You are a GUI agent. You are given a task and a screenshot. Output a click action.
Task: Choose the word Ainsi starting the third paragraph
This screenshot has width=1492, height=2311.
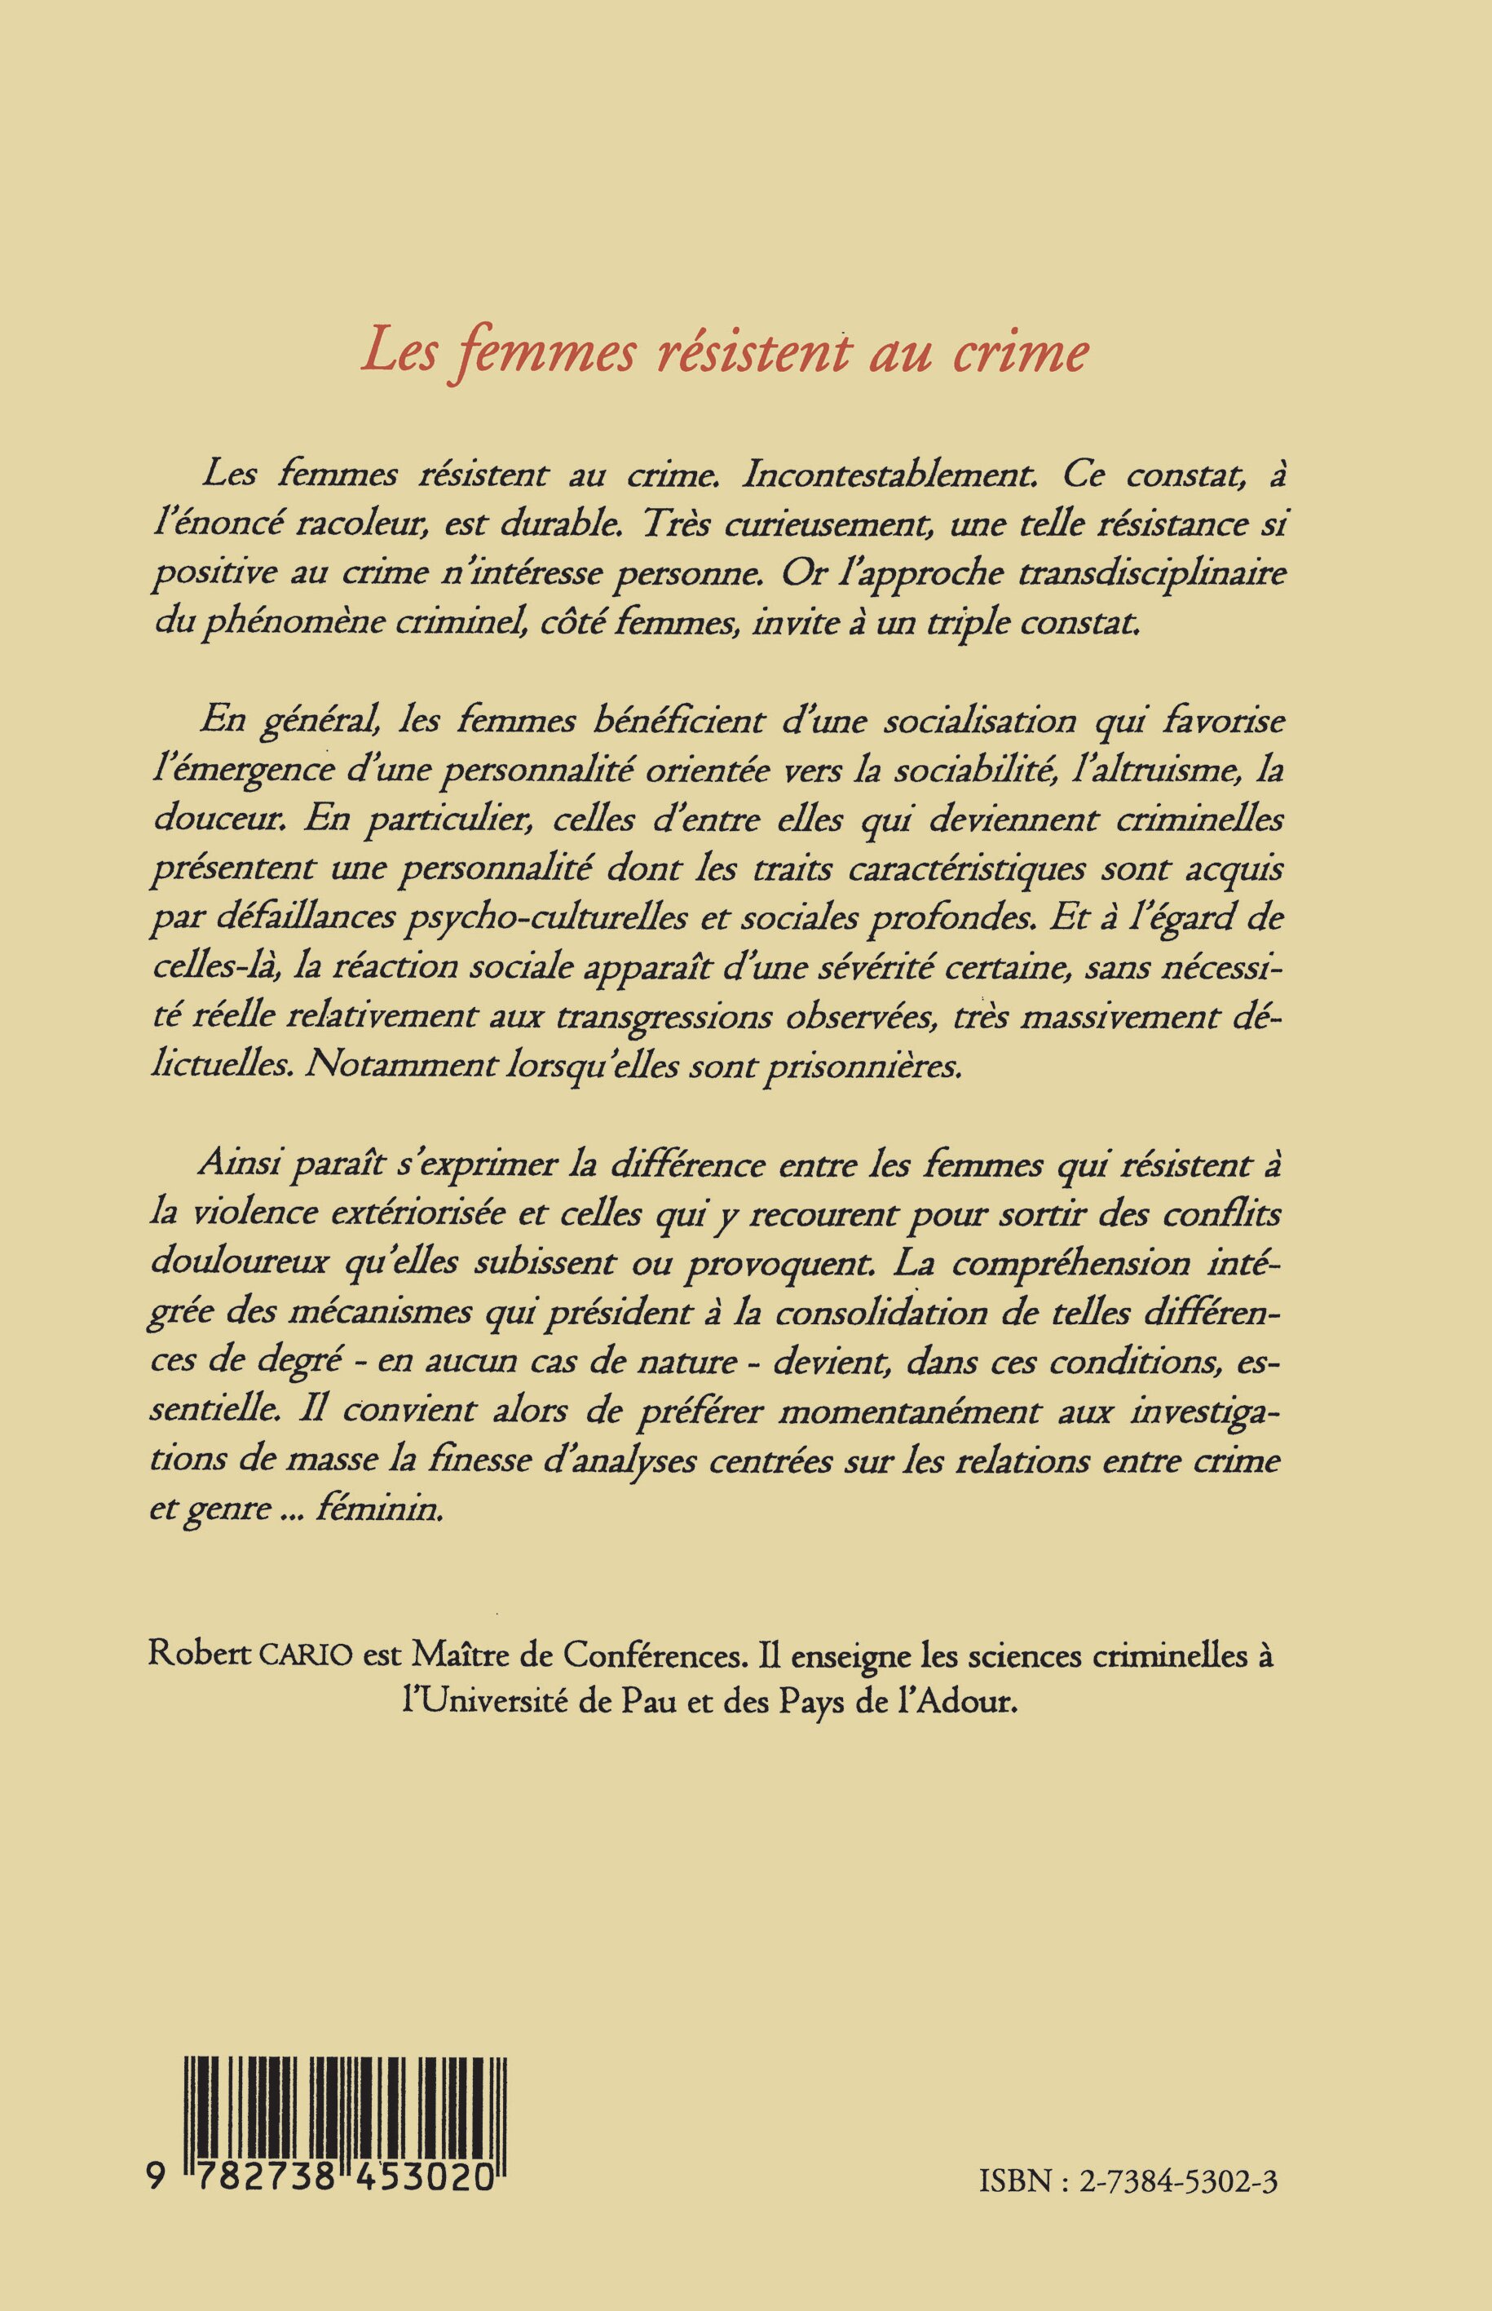[x=238, y=1167]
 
